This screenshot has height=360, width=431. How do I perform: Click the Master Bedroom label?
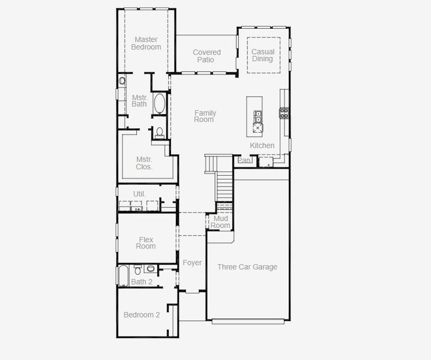point(146,43)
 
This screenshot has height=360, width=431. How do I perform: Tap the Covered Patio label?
point(206,56)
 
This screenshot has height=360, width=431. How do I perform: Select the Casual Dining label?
point(262,55)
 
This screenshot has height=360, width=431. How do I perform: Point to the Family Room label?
point(205,116)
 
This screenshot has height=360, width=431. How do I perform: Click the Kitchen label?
point(262,146)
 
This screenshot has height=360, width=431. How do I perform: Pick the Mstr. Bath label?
point(139,100)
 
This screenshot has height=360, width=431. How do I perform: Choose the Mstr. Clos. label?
point(144,163)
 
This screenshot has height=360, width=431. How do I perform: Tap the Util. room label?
point(139,194)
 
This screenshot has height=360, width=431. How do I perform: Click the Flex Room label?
point(146,243)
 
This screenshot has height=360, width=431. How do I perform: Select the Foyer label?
point(192,263)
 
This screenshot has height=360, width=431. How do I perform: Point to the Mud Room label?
point(220,222)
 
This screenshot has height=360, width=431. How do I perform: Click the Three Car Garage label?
point(247,267)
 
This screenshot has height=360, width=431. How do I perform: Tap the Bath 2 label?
point(142,281)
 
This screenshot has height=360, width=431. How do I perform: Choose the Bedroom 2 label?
point(142,315)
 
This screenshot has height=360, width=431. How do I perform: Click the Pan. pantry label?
point(244,160)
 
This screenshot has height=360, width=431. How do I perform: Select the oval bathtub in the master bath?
point(160,104)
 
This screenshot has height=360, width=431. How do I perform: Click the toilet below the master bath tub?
point(160,133)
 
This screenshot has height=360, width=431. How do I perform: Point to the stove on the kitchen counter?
point(283,112)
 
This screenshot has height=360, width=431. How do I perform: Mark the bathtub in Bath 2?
point(122,275)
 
